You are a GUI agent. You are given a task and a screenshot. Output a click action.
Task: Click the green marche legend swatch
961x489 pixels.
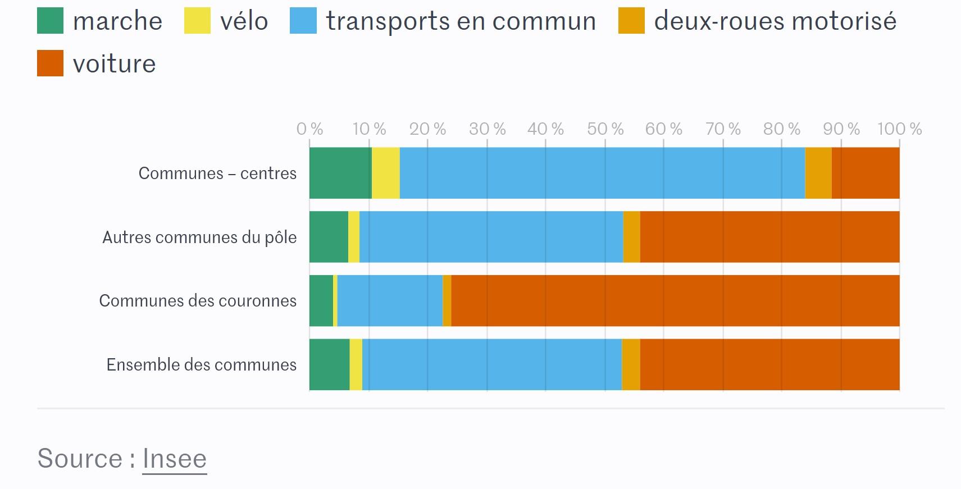click(x=50, y=21)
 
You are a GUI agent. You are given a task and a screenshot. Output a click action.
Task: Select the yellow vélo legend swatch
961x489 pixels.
click(x=197, y=21)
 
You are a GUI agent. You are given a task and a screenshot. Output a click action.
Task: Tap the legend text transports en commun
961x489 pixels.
click(x=461, y=21)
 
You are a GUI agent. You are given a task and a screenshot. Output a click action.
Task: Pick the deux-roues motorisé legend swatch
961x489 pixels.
click(x=631, y=21)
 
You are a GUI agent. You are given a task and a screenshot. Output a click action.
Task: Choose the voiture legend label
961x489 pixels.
click(x=114, y=64)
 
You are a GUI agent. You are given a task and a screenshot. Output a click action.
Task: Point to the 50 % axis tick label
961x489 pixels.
click(x=605, y=129)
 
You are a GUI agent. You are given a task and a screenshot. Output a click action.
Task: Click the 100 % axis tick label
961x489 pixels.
click(x=899, y=129)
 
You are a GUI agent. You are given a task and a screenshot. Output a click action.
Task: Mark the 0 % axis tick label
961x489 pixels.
click(x=309, y=129)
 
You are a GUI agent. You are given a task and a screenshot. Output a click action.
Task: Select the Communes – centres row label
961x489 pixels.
click(x=217, y=173)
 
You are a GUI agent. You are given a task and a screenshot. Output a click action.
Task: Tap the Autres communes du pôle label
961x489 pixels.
click(x=199, y=237)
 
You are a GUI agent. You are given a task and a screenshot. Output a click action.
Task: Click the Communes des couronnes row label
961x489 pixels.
click(x=198, y=301)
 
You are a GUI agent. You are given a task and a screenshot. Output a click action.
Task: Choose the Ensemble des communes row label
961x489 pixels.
click(x=201, y=365)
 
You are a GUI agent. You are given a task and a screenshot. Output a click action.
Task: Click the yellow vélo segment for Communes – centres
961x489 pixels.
click(x=386, y=173)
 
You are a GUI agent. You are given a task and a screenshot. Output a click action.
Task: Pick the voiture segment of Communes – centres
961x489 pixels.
click(x=866, y=173)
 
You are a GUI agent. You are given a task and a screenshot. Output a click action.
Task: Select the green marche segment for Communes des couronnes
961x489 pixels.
click(x=321, y=300)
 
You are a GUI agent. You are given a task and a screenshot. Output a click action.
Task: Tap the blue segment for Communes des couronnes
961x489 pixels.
click(x=390, y=300)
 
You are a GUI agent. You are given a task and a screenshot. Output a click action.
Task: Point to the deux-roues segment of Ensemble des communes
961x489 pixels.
click(x=631, y=364)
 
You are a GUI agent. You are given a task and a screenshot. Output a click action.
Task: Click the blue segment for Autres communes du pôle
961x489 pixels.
click(x=491, y=237)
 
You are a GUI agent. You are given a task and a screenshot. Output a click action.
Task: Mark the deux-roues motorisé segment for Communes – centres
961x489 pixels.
click(x=818, y=173)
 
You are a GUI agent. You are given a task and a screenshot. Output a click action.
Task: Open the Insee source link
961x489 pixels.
click(x=174, y=459)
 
